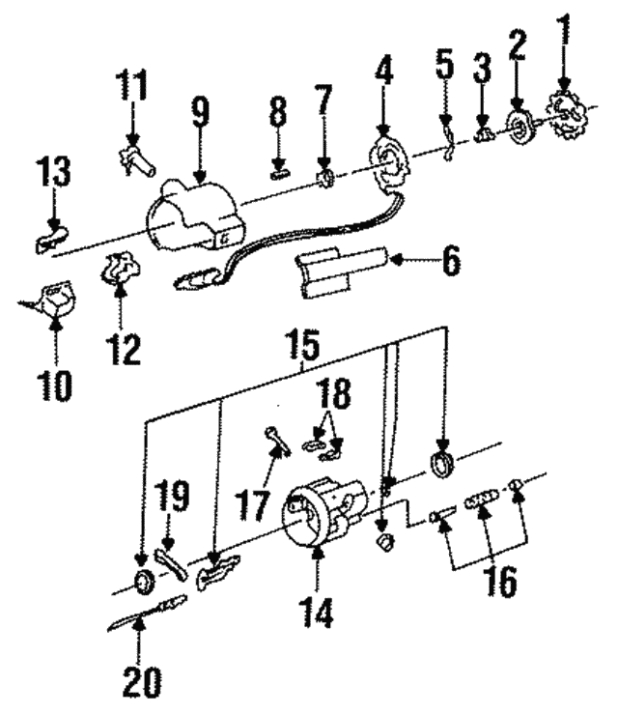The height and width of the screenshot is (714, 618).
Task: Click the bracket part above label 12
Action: pyautogui.click(x=119, y=266)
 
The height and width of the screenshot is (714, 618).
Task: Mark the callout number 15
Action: pyautogui.click(x=303, y=343)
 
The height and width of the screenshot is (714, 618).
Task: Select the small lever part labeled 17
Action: pyautogui.click(x=276, y=442)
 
